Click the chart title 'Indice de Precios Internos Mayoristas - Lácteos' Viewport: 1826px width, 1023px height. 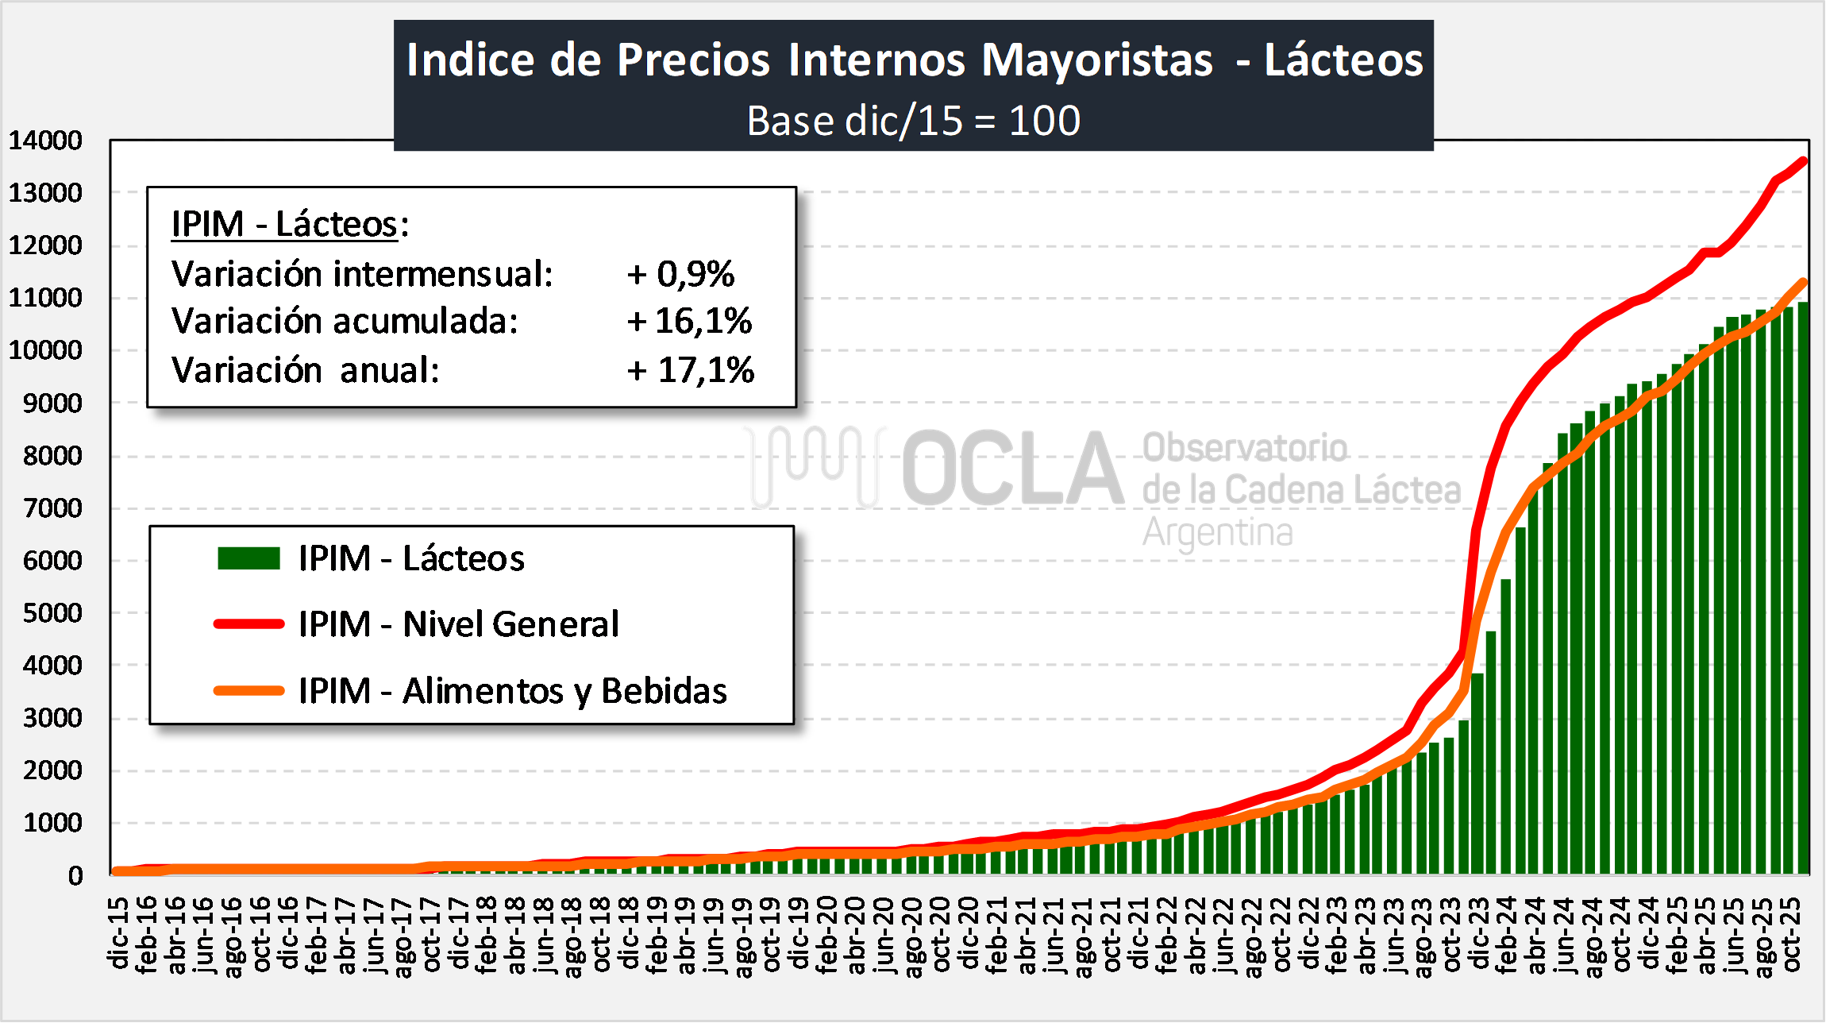point(914,60)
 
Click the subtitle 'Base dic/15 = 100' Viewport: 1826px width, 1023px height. point(914,121)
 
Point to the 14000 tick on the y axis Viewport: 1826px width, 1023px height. point(45,141)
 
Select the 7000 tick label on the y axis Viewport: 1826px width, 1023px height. point(52,508)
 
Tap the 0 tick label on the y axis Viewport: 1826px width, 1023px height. point(75,875)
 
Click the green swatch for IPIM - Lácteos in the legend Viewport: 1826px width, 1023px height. point(248,558)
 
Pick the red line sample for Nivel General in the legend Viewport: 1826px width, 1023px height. point(248,624)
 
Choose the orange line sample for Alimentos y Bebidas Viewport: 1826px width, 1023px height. point(248,691)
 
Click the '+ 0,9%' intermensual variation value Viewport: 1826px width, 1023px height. point(680,274)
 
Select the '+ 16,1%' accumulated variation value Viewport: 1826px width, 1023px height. point(689,322)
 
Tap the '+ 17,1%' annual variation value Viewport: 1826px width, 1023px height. point(690,370)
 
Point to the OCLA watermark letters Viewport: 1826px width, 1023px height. point(1012,469)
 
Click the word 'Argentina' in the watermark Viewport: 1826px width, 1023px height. point(1217,532)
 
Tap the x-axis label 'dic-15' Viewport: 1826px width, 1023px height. point(119,933)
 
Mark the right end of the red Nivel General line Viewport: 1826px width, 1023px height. point(1804,161)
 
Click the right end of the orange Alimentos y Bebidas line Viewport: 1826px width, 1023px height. point(1804,282)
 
